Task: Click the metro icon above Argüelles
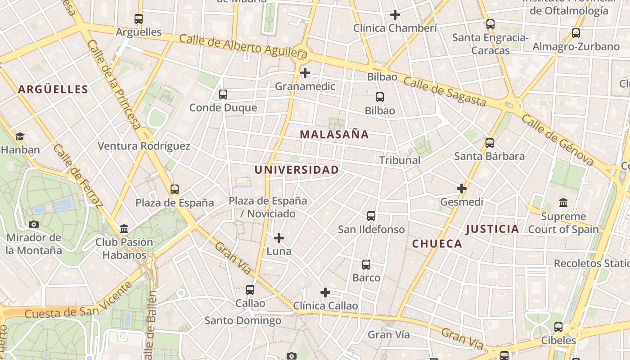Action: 139,19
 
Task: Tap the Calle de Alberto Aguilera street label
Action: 243,46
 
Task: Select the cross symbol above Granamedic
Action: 305,72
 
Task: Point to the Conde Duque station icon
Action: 223,94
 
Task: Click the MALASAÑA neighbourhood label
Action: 334,134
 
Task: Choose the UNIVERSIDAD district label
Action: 297,170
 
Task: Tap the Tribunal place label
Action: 400,160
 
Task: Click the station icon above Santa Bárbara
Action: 490,143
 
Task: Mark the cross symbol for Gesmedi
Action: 462,189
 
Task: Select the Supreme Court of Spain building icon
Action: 563,203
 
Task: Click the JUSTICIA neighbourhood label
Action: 492,229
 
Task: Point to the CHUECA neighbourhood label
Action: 437,244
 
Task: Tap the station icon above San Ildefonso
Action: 371,216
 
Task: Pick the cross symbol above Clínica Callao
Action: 325,292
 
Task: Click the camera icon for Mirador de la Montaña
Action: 34,224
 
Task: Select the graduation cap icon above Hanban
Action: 20,136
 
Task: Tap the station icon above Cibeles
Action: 558,327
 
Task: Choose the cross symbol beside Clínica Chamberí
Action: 395,15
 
